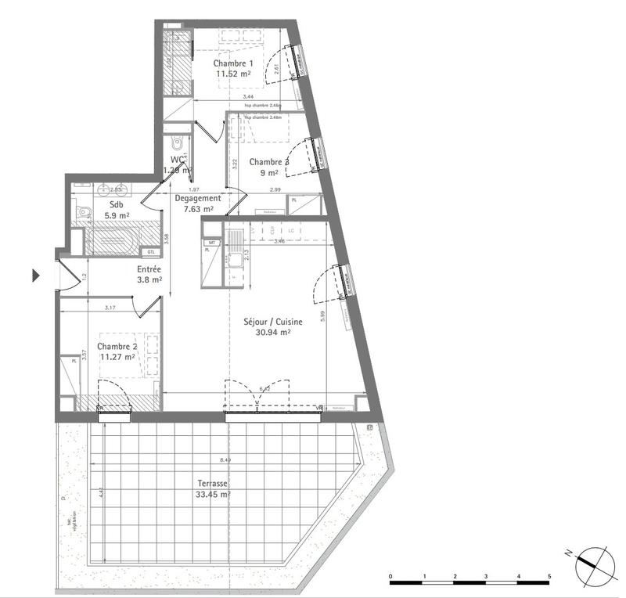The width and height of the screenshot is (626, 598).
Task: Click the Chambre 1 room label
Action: pyautogui.click(x=234, y=63)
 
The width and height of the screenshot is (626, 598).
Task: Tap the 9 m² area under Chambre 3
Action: pyautogui.click(x=269, y=174)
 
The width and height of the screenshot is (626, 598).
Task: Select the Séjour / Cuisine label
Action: pyautogui.click(x=272, y=321)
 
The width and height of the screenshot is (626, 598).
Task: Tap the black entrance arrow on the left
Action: pyautogui.click(x=35, y=276)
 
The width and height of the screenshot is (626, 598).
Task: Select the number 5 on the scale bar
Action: pyautogui.click(x=550, y=577)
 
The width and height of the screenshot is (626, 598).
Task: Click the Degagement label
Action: pyautogui.click(x=197, y=199)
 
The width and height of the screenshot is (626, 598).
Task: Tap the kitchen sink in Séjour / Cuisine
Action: pyautogui.click(x=234, y=259)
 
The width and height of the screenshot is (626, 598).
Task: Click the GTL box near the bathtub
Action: pyautogui.click(x=150, y=252)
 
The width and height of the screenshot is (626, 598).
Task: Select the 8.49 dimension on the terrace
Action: pyautogui.click(x=225, y=460)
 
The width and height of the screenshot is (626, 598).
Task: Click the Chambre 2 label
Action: pyautogui.click(x=117, y=346)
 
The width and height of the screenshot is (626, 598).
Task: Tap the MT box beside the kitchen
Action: pyautogui.click(x=210, y=243)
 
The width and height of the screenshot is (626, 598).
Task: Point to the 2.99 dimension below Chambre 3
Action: pyautogui.click(x=275, y=190)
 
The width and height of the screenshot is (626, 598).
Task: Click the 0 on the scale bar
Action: pyautogui.click(x=390, y=577)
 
